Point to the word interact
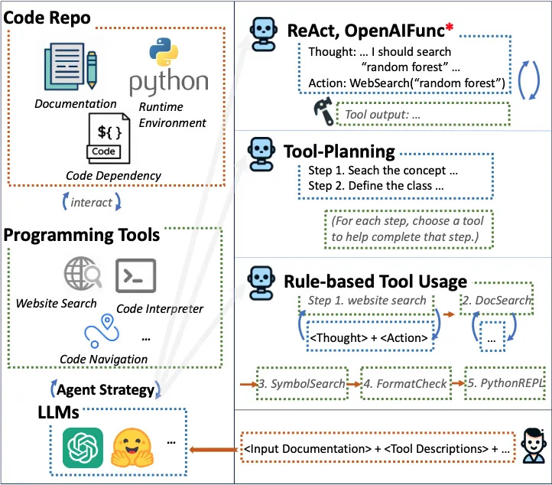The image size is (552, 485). pos(91,203)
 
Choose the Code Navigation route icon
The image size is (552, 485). pos(102,334)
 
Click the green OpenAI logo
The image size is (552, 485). pos(83,448)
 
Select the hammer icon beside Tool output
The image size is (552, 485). pos(323,113)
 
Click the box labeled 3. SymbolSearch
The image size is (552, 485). pos(301,382)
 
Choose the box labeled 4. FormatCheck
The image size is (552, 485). pos(405,382)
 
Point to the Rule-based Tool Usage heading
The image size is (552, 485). pos(375,282)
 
